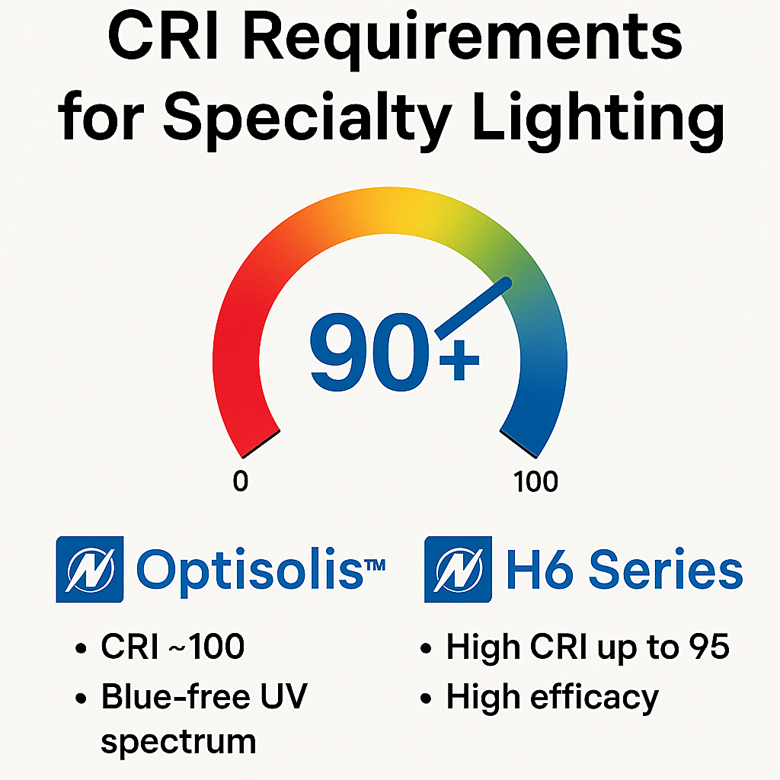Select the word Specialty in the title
305,119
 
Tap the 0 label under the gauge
240,482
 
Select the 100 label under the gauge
535,482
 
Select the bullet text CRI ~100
172,648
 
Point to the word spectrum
177,741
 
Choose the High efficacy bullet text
551,697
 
